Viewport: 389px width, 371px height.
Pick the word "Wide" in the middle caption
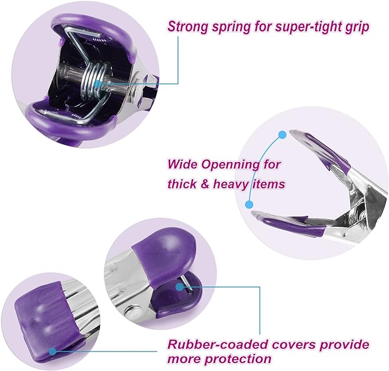[x=183, y=164]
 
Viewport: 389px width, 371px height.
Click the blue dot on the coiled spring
[x=99, y=84]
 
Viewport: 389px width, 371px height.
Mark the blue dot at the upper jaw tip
[x=282, y=135]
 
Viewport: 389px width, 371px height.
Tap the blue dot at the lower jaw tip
[x=249, y=204]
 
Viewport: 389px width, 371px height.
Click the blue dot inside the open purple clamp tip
[x=179, y=287]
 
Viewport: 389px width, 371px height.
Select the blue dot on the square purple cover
[x=52, y=351]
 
